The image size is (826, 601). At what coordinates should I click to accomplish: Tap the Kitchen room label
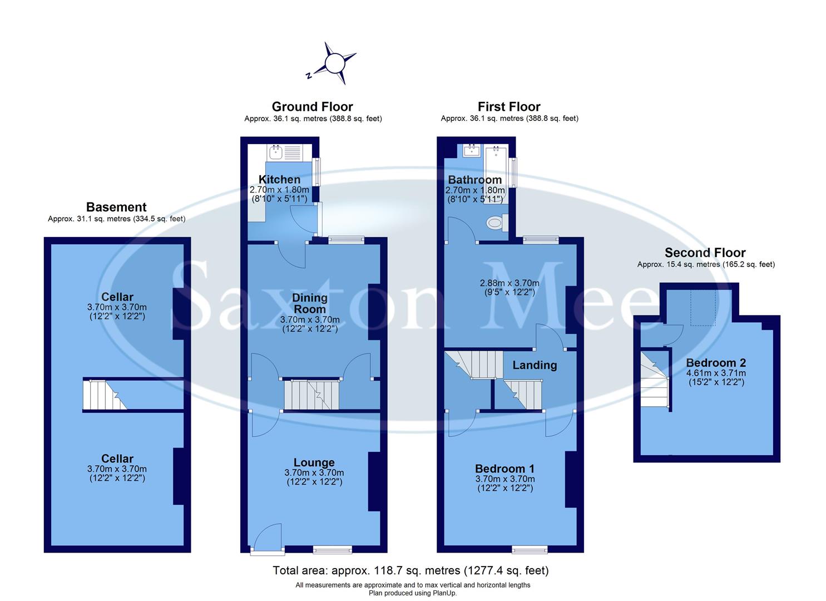[279, 179]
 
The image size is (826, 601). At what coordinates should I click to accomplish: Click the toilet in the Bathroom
[494, 223]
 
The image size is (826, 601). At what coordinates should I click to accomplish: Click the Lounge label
[314, 462]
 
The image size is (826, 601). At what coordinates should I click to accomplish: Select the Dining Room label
[310, 303]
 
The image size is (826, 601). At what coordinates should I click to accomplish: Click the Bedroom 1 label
[504, 469]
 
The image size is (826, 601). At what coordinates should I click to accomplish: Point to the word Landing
[534, 365]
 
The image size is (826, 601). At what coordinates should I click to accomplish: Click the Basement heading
[116, 208]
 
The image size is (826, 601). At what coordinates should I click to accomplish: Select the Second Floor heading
[705, 253]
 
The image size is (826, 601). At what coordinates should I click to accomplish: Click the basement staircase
[104, 395]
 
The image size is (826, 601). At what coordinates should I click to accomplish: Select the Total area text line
[410, 570]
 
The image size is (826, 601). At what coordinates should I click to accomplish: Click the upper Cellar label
[117, 297]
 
